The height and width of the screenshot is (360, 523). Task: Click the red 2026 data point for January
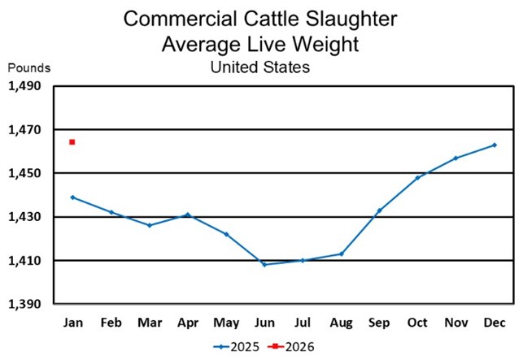(72, 142)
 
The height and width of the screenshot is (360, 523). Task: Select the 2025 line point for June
(264, 265)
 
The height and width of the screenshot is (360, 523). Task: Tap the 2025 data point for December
(495, 145)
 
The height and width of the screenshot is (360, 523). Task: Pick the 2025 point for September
(379, 210)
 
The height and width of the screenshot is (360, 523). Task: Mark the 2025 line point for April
(187, 215)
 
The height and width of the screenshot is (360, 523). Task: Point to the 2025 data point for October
(417, 177)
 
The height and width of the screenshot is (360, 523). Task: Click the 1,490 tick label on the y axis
(26, 86)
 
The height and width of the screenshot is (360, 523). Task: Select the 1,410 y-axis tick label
(26, 261)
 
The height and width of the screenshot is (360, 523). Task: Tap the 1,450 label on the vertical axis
(26, 173)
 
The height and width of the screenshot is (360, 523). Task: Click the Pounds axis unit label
(29, 68)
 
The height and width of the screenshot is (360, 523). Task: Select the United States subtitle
(260, 67)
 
